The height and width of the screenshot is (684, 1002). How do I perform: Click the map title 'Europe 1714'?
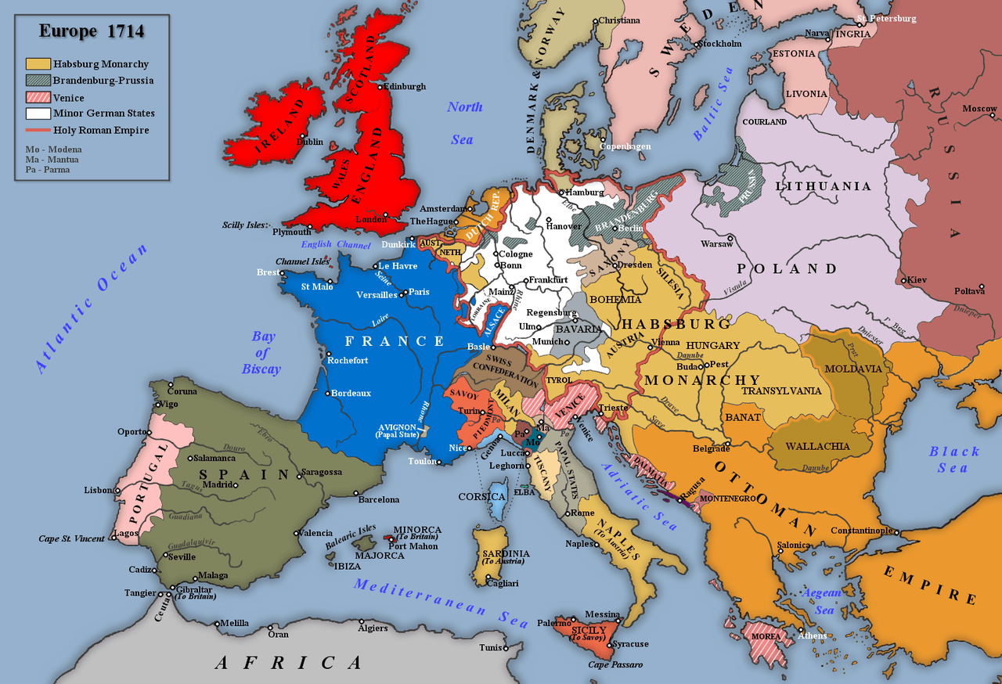click(92, 32)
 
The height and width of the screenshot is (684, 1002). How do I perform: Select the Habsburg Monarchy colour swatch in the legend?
click(38, 64)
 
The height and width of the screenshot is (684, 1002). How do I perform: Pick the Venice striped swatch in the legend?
click(38, 97)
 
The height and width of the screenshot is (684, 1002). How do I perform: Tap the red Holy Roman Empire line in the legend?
click(38, 131)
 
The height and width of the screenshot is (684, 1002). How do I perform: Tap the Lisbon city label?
click(99, 491)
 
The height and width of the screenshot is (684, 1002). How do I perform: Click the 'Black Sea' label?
click(953, 459)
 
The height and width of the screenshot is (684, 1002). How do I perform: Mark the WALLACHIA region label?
click(817, 446)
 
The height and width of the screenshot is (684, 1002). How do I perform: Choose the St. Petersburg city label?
click(886, 19)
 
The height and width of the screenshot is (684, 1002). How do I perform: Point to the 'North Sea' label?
click(464, 123)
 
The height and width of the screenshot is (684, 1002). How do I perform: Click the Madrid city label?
click(218, 484)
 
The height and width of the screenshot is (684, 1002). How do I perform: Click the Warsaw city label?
click(716, 244)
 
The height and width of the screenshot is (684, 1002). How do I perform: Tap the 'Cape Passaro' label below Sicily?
click(615, 664)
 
